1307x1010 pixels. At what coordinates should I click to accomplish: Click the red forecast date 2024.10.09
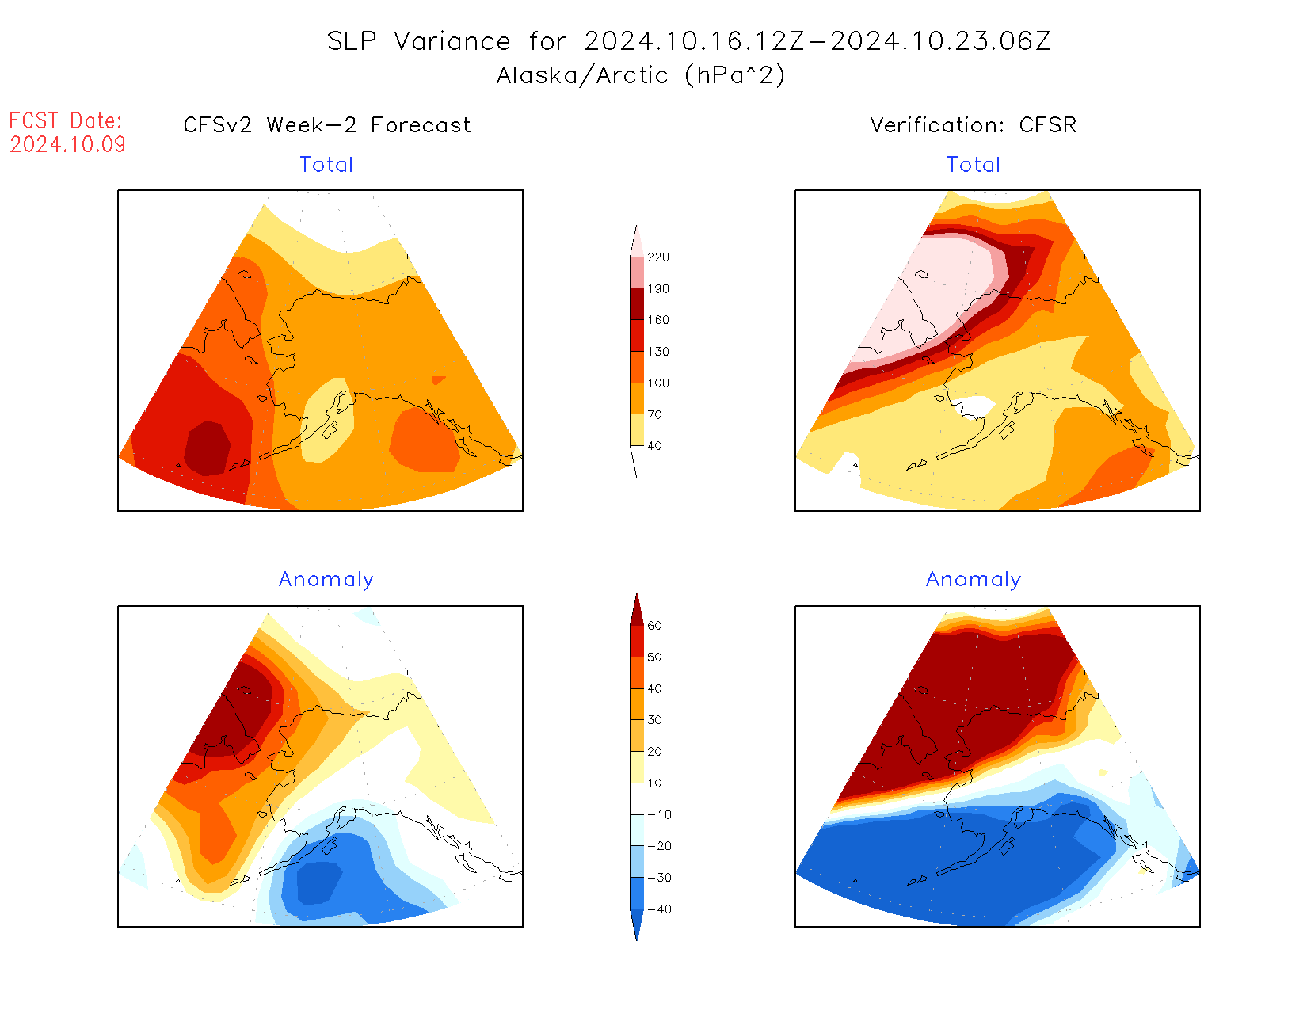click(67, 144)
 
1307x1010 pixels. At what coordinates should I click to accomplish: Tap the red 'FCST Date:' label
click(66, 120)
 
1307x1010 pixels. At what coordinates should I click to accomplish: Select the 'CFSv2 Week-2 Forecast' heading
click(326, 125)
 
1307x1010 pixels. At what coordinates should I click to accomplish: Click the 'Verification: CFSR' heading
click(973, 125)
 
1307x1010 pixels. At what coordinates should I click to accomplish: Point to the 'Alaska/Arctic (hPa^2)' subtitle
click(640, 75)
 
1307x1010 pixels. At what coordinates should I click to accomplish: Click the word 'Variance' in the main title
click(452, 41)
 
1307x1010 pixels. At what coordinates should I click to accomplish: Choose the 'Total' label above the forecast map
click(326, 165)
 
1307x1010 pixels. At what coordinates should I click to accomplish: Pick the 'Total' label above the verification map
click(974, 165)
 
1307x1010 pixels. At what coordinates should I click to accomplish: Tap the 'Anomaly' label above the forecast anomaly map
click(326, 579)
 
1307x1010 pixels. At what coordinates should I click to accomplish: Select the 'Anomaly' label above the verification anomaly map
click(974, 579)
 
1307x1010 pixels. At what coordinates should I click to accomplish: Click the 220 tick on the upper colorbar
click(657, 257)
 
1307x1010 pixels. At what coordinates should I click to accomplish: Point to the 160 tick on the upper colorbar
click(657, 320)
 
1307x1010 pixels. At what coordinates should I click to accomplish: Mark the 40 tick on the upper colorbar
click(654, 446)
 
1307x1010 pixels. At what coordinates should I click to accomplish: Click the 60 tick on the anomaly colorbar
click(654, 626)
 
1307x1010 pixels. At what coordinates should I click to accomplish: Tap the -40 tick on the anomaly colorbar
click(659, 909)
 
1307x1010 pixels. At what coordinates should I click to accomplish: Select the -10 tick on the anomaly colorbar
click(659, 814)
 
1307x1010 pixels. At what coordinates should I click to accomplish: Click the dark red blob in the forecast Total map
click(208, 448)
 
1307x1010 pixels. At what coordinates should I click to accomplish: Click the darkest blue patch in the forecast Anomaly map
click(318, 882)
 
